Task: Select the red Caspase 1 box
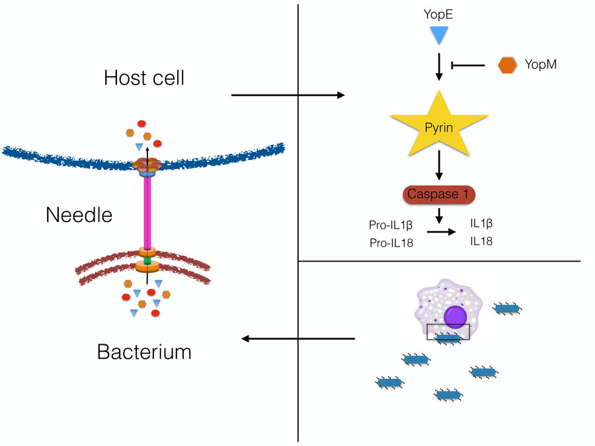click(438, 195)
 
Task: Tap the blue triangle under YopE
click(438, 35)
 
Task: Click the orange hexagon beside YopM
click(507, 65)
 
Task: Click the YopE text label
click(438, 13)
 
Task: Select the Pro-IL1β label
click(386, 226)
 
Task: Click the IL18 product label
click(481, 242)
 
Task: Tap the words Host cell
click(144, 78)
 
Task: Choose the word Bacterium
click(144, 352)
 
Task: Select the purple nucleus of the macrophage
click(456, 316)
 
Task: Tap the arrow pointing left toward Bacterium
click(297, 339)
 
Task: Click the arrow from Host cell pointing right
click(288, 96)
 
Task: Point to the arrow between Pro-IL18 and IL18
click(441, 232)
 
